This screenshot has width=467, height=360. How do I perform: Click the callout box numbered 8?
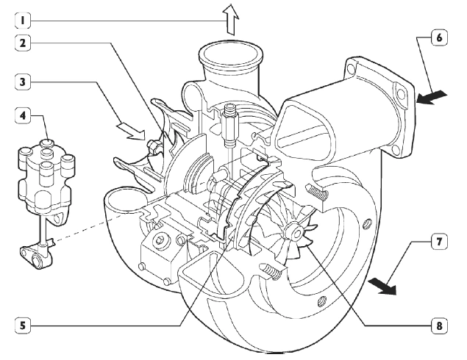[x=438, y=324]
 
